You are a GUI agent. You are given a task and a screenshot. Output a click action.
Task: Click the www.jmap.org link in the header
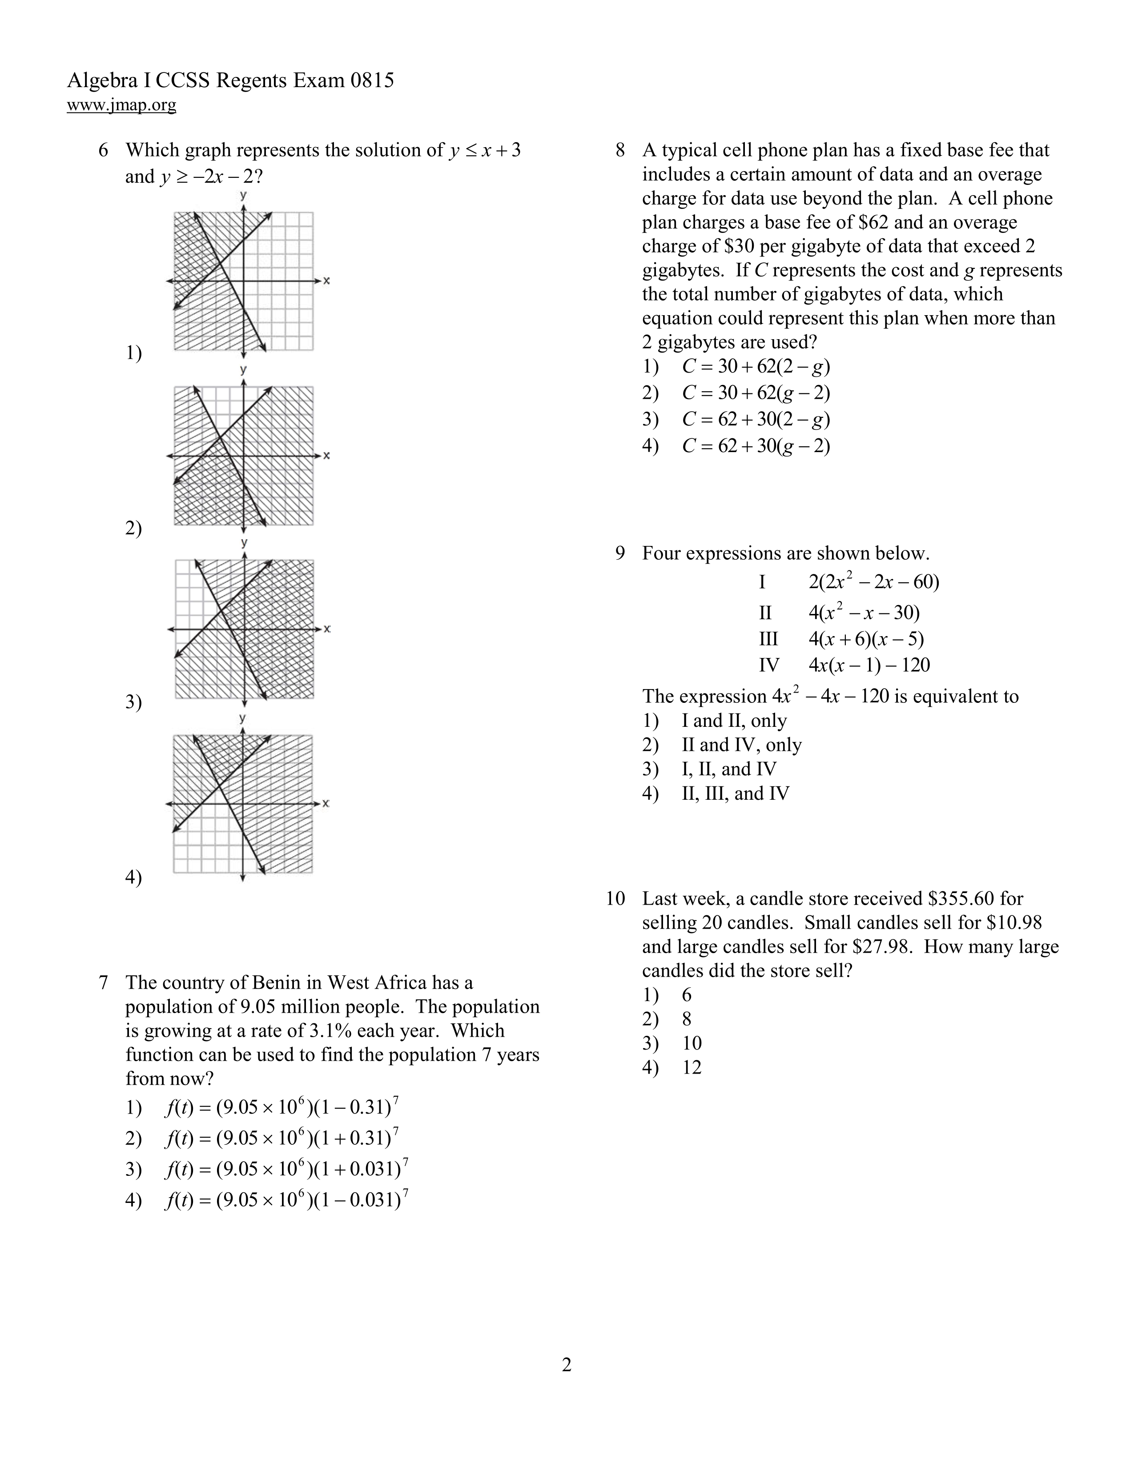pos(121,105)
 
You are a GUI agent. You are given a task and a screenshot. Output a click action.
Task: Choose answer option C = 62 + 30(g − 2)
pos(756,446)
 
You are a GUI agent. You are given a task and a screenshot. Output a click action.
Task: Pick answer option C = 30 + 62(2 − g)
pos(756,367)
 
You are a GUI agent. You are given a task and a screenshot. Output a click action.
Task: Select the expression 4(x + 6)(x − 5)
pos(866,639)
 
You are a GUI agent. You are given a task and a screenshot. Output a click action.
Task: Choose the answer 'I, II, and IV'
pos(728,769)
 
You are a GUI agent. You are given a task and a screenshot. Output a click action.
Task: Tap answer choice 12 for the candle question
pos(691,1067)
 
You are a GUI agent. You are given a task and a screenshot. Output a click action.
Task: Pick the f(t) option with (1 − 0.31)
pos(282,1108)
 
